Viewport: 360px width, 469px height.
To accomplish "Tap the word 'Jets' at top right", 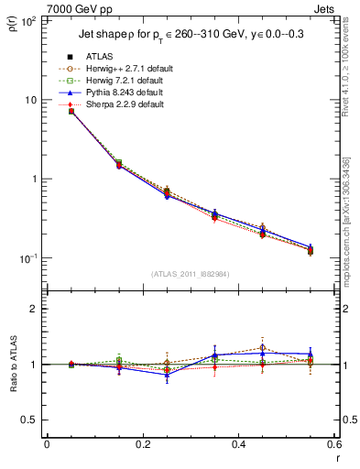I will [326, 7].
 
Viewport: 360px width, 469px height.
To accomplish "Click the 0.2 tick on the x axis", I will [142, 444].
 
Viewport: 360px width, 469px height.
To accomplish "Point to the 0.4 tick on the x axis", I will [238, 444].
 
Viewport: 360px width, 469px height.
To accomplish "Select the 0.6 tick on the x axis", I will [333, 444].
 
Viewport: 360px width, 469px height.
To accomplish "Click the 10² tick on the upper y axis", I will [27, 20].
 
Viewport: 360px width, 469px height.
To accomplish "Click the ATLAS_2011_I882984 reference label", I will [191, 274].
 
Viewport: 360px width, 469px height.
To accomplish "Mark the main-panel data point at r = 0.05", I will [71, 111].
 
